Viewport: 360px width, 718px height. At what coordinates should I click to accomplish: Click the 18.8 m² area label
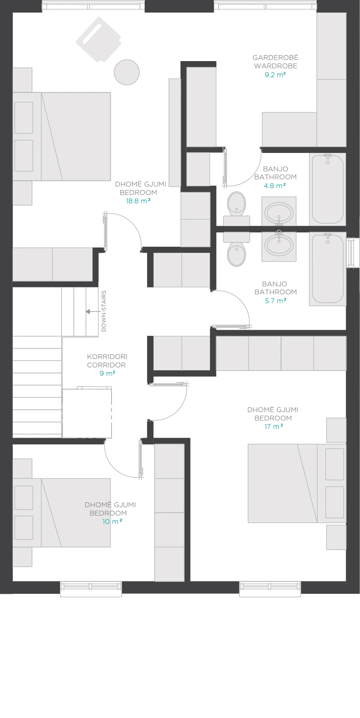pos(138,201)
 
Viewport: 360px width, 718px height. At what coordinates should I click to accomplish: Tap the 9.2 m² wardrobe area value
pos(275,75)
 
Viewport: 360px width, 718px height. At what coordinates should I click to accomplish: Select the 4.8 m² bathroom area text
pos(275,186)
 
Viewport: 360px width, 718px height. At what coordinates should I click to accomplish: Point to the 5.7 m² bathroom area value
pos(276,301)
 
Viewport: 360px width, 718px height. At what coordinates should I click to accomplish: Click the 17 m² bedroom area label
pos(273,426)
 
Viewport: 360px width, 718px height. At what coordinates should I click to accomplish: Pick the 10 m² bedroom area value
pos(112,522)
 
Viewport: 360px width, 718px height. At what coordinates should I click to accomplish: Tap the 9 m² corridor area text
pos(107,373)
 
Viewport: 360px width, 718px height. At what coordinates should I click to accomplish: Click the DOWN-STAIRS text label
pos(104,311)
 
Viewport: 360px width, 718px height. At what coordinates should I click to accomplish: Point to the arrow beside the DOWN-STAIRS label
pos(93,311)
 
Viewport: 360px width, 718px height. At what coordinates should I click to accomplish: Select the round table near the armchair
pos(127,72)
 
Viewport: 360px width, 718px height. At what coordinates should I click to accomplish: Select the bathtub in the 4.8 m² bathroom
pos(328,189)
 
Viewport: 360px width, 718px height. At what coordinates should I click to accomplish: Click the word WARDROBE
pos(276,66)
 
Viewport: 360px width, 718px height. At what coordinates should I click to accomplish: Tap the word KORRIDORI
pos(107,357)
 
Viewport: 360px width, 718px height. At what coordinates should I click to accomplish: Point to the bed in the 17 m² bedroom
pos(297,483)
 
